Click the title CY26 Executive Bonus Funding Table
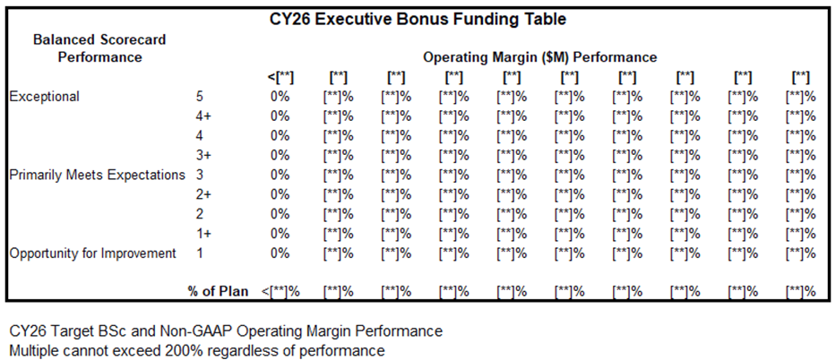418,19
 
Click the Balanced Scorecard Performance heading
99,48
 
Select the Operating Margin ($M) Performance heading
539,57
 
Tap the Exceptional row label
44,97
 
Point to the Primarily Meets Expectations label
97,175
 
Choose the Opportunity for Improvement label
92,253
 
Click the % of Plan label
218,291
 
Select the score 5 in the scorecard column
199,97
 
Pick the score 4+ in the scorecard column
203,116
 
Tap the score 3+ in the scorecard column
203,155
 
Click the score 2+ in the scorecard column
203,194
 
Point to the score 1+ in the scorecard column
203,234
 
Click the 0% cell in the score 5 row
280,97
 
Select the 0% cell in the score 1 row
280,253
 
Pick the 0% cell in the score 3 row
280,175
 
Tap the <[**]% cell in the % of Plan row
280,291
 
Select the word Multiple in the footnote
33,350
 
